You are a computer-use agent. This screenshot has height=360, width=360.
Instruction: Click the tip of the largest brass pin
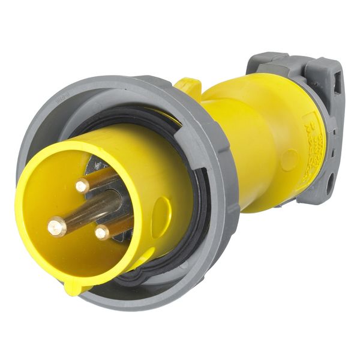(x=56, y=226)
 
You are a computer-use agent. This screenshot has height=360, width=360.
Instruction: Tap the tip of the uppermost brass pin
(x=82, y=186)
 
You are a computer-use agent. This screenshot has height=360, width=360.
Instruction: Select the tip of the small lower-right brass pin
(x=102, y=232)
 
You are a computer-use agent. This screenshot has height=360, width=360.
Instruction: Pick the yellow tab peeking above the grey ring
(x=188, y=86)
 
